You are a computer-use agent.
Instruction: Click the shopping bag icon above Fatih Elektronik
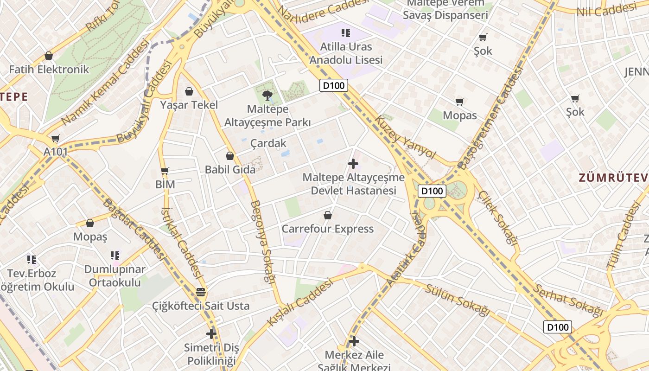click(x=49, y=56)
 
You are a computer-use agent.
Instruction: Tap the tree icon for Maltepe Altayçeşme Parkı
click(x=267, y=96)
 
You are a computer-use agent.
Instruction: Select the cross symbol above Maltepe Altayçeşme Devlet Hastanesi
click(x=353, y=164)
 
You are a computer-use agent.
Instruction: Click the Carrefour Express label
click(x=328, y=229)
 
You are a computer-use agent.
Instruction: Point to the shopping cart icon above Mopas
click(x=460, y=102)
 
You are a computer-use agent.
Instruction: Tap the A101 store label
click(x=56, y=152)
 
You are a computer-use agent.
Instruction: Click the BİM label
click(x=165, y=184)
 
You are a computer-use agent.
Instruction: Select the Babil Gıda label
click(x=230, y=169)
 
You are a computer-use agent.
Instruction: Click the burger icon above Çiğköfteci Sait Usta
click(x=201, y=292)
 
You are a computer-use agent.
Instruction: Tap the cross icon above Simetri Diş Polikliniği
click(x=211, y=333)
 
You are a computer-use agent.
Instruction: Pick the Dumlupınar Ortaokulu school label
click(x=115, y=275)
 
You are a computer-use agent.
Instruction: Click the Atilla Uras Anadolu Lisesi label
click(x=346, y=53)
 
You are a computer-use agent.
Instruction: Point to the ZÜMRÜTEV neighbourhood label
click(x=612, y=177)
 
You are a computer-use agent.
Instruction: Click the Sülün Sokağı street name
click(x=457, y=301)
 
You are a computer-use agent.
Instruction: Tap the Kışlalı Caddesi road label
click(x=300, y=301)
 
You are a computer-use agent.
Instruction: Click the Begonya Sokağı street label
click(x=263, y=241)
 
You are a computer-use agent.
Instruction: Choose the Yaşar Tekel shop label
click(x=189, y=105)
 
